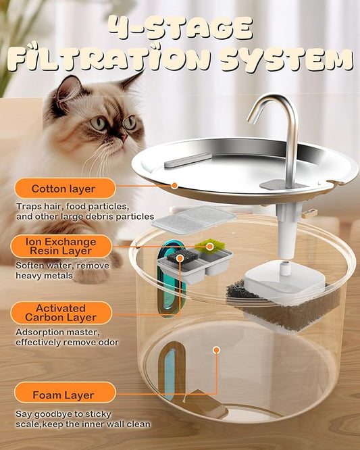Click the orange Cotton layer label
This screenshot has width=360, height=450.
pos(63,189)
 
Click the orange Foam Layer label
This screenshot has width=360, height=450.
pos(63,395)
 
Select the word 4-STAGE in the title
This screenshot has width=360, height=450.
pos(180,28)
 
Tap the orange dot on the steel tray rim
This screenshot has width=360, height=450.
pos(174,185)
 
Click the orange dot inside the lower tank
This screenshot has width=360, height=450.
pos(216,350)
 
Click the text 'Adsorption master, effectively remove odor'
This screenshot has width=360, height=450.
pos(68,337)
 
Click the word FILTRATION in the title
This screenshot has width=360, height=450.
pos(105,59)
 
